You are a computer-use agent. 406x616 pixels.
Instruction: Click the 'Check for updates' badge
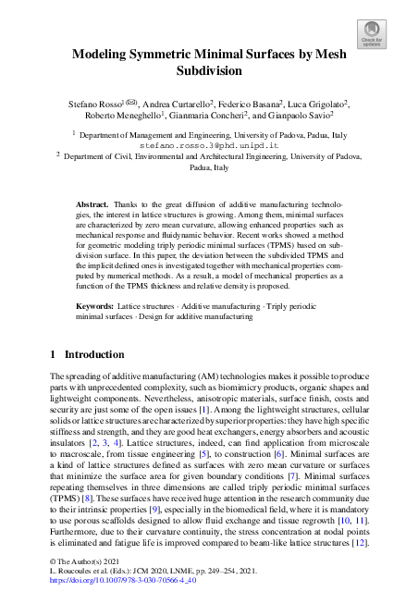pyautogui.click(x=372, y=34)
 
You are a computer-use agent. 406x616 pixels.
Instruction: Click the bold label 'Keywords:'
pyautogui.click(x=94, y=304)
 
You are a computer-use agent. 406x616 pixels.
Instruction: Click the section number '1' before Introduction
pyautogui.click(x=53, y=354)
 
